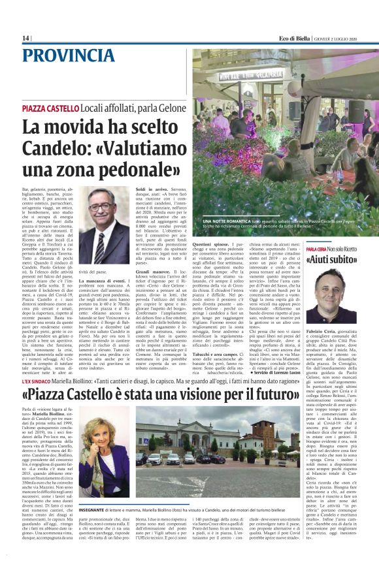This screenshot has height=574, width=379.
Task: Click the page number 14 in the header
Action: pos(25,38)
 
